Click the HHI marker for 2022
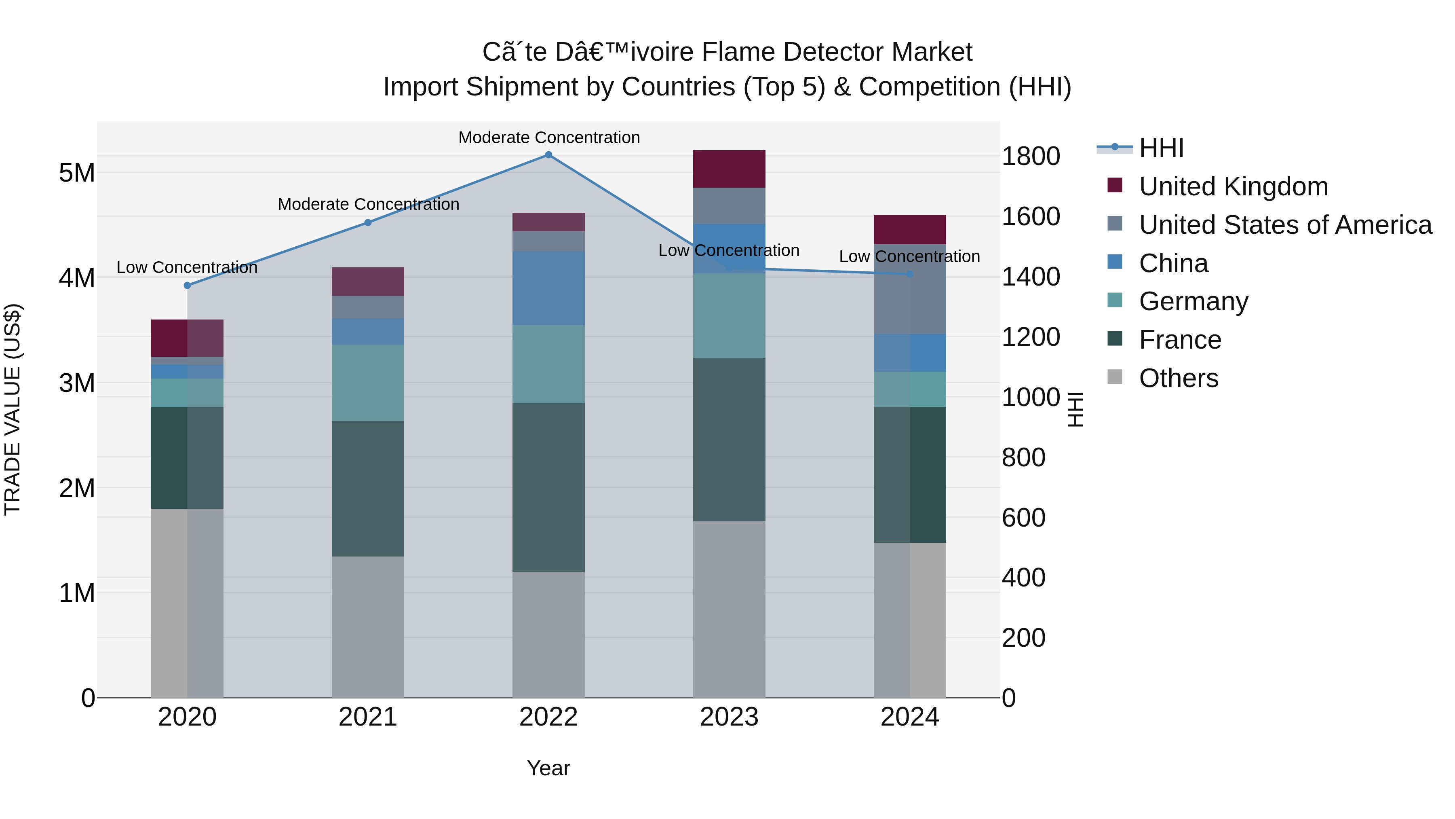(x=548, y=155)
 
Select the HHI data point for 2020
(x=188, y=286)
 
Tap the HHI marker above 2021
(x=368, y=223)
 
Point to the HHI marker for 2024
(x=909, y=274)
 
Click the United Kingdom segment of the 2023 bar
(x=729, y=169)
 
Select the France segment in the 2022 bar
(x=548, y=487)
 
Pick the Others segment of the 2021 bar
(x=368, y=627)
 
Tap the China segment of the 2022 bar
(x=548, y=288)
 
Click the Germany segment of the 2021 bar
(x=368, y=383)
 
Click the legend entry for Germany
(x=1193, y=301)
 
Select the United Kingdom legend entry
(x=1233, y=186)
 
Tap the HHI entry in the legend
(x=1161, y=148)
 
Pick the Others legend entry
(x=1178, y=378)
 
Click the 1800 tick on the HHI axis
(x=1031, y=156)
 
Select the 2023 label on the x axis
(x=729, y=717)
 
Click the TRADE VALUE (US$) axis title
(x=13, y=409)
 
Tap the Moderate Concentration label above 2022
(x=549, y=138)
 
